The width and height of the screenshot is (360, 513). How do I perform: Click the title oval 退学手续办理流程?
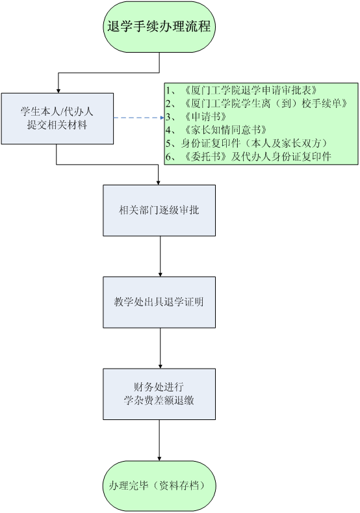159,27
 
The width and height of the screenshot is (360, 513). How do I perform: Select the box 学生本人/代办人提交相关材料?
57,118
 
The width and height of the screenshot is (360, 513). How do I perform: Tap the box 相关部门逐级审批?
159,211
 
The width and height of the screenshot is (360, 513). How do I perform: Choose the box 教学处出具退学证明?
159,302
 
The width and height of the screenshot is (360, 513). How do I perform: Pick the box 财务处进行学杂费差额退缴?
159,394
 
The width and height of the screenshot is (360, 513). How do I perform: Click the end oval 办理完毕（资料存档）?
159,486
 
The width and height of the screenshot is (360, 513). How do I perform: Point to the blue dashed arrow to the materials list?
139,118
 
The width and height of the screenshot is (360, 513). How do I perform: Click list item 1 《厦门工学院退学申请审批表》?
242,90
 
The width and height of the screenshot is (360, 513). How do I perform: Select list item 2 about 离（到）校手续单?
257,103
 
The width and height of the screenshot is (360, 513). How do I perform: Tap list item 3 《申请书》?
196,116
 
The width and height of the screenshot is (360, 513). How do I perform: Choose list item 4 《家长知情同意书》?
216,130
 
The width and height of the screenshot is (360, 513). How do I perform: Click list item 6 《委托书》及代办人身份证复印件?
248,157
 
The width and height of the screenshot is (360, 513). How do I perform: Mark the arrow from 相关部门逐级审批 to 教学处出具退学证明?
161,256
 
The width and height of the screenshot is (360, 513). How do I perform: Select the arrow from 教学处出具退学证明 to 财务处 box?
161,349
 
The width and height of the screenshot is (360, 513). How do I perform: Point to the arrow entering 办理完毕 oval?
159,440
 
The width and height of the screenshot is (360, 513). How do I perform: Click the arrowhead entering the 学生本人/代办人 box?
58,90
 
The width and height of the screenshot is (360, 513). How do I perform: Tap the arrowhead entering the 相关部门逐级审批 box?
159,183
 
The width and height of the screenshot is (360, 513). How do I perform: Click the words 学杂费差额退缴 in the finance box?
159,401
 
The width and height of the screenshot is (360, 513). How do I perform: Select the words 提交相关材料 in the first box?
57,125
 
